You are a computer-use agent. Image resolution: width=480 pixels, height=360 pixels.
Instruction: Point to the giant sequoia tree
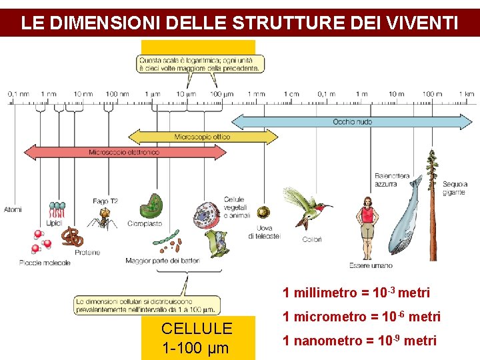(434, 200)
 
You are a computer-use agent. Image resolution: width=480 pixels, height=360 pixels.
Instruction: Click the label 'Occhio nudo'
(352, 122)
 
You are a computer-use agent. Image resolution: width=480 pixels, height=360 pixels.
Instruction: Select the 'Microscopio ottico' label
(202, 137)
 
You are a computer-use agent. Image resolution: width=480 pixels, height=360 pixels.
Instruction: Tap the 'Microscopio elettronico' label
(124, 152)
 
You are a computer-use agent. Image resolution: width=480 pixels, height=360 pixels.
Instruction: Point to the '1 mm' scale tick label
(256, 94)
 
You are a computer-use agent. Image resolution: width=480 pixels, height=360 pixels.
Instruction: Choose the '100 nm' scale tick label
(117, 94)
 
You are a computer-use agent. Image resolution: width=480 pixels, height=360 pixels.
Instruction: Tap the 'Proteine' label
(87, 252)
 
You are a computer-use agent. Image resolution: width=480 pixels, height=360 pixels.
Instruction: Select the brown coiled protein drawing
(73, 236)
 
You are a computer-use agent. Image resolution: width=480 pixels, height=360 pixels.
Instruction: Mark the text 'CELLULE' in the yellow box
(197, 328)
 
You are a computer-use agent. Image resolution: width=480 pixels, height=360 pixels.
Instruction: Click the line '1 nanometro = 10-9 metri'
(359, 341)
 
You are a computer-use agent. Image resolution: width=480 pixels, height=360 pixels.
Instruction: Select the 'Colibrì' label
(312, 239)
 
